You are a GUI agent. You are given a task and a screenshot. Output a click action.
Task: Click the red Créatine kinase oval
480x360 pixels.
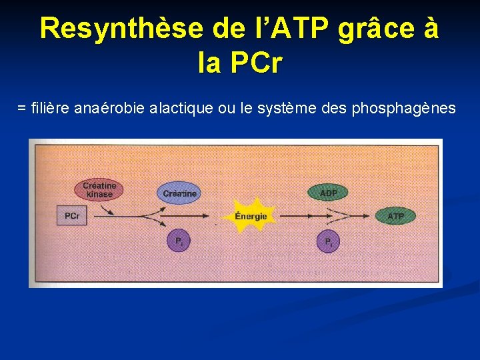point(99,190)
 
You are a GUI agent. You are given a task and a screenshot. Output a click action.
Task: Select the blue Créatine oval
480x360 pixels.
point(179,193)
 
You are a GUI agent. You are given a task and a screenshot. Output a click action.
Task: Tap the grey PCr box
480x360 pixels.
point(72,216)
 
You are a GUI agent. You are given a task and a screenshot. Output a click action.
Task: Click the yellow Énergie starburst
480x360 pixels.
point(251,215)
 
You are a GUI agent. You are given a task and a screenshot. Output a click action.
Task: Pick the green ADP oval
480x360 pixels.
point(329,193)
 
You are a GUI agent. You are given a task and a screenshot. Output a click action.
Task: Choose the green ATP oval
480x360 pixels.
point(395,216)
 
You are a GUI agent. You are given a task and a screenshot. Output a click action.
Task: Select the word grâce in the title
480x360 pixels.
point(374,29)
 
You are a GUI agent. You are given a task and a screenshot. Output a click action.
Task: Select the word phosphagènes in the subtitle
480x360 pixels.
point(408,108)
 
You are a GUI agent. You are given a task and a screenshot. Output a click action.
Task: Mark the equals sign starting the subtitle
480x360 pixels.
point(22,107)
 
